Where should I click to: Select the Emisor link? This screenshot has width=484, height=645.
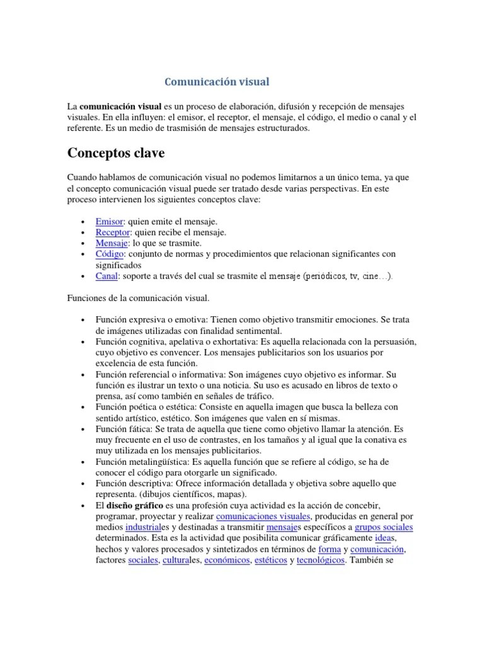[108, 222]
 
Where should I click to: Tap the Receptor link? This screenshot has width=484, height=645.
[112, 232]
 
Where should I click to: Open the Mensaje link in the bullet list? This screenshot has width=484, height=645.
[112, 243]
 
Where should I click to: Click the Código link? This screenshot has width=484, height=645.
[110, 254]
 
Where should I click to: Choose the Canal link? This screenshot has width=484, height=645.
[107, 276]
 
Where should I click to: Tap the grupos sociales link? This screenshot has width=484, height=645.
[384, 527]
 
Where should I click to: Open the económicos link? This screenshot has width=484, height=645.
[226, 559]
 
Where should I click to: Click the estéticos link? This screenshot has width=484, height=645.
[270, 559]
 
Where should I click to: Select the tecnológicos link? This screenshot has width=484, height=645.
[321, 559]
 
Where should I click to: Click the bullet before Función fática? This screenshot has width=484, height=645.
[83, 428]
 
